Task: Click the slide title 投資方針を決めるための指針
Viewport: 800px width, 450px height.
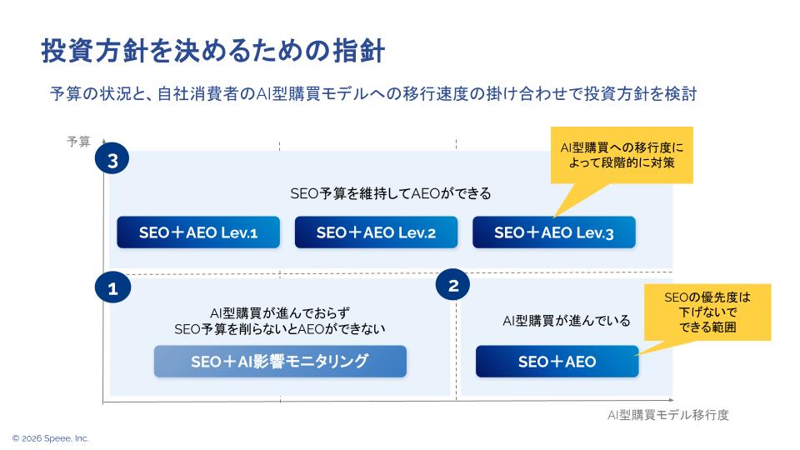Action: click(x=212, y=51)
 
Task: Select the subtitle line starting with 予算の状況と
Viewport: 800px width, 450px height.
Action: click(x=372, y=94)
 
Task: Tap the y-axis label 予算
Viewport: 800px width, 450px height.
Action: click(x=78, y=142)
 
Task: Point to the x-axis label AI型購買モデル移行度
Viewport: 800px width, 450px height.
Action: click(x=667, y=415)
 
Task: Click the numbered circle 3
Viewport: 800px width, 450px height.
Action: click(x=112, y=161)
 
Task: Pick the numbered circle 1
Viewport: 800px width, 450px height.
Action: click(x=112, y=288)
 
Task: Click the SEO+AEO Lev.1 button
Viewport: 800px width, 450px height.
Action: click(x=197, y=232)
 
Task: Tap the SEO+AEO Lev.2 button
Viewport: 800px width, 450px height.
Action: click(x=376, y=232)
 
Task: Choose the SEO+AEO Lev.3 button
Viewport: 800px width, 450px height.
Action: click(x=553, y=232)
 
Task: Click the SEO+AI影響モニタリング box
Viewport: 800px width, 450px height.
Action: click(x=280, y=362)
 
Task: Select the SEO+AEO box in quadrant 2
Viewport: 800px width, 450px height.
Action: click(x=557, y=362)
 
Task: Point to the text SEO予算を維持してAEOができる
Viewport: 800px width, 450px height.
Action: click(x=391, y=193)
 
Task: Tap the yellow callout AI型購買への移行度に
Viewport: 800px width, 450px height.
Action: click(x=621, y=155)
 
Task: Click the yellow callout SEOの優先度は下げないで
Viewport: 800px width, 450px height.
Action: click(x=707, y=312)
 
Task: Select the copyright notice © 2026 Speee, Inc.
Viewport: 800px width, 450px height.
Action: click(x=50, y=437)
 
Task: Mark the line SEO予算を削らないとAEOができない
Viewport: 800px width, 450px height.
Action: click(x=280, y=329)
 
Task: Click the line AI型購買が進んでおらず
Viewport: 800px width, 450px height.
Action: click(x=280, y=312)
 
